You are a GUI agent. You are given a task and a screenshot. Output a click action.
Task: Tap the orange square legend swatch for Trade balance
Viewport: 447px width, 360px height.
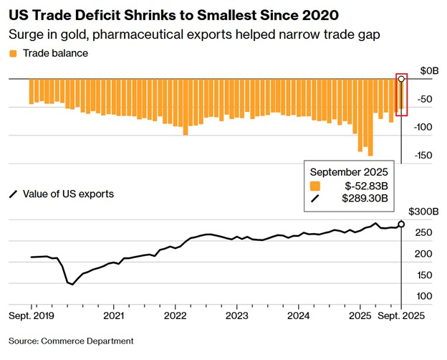pyautogui.click(x=12, y=54)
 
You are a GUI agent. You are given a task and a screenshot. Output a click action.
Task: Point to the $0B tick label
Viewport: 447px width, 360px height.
pyautogui.click(x=428, y=70)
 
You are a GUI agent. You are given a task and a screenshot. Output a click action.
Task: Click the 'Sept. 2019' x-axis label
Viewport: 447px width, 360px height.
pyautogui.click(x=32, y=316)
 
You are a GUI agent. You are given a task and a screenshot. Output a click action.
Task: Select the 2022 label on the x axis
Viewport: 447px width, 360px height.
pyautogui.click(x=176, y=316)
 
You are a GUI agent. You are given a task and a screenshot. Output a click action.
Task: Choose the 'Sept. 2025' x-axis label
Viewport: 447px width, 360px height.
pyautogui.click(x=400, y=316)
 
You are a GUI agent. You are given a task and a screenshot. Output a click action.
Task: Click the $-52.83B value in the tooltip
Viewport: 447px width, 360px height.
pyautogui.click(x=365, y=185)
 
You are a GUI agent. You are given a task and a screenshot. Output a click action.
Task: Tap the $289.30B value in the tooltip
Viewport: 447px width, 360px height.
pyautogui.click(x=365, y=198)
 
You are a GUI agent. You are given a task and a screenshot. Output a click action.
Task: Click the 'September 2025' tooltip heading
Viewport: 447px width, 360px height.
pyautogui.click(x=349, y=171)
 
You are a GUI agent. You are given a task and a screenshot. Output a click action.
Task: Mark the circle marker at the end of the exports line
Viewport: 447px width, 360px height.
pyautogui.click(x=401, y=224)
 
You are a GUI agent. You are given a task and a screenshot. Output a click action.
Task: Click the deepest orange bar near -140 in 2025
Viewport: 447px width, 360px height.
pyautogui.click(x=370, y=133)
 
